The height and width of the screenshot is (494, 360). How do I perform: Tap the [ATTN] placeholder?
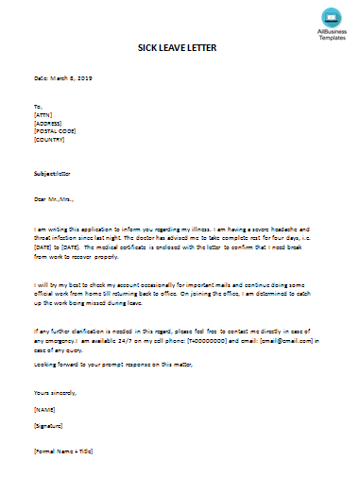(43, 114)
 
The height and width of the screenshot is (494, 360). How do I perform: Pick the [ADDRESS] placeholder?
(48, 123)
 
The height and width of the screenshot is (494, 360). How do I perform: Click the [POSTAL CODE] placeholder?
(54, 131)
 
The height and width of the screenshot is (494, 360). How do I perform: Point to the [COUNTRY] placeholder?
(49, 140)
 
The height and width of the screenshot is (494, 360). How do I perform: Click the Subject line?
(53, 174)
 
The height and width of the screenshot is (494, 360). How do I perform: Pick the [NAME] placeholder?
(44, 409)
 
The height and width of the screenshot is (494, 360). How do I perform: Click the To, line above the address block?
(38, 106)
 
